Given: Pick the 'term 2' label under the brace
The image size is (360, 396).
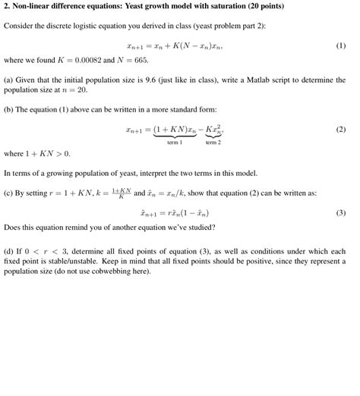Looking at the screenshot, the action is tap(213, 141).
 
